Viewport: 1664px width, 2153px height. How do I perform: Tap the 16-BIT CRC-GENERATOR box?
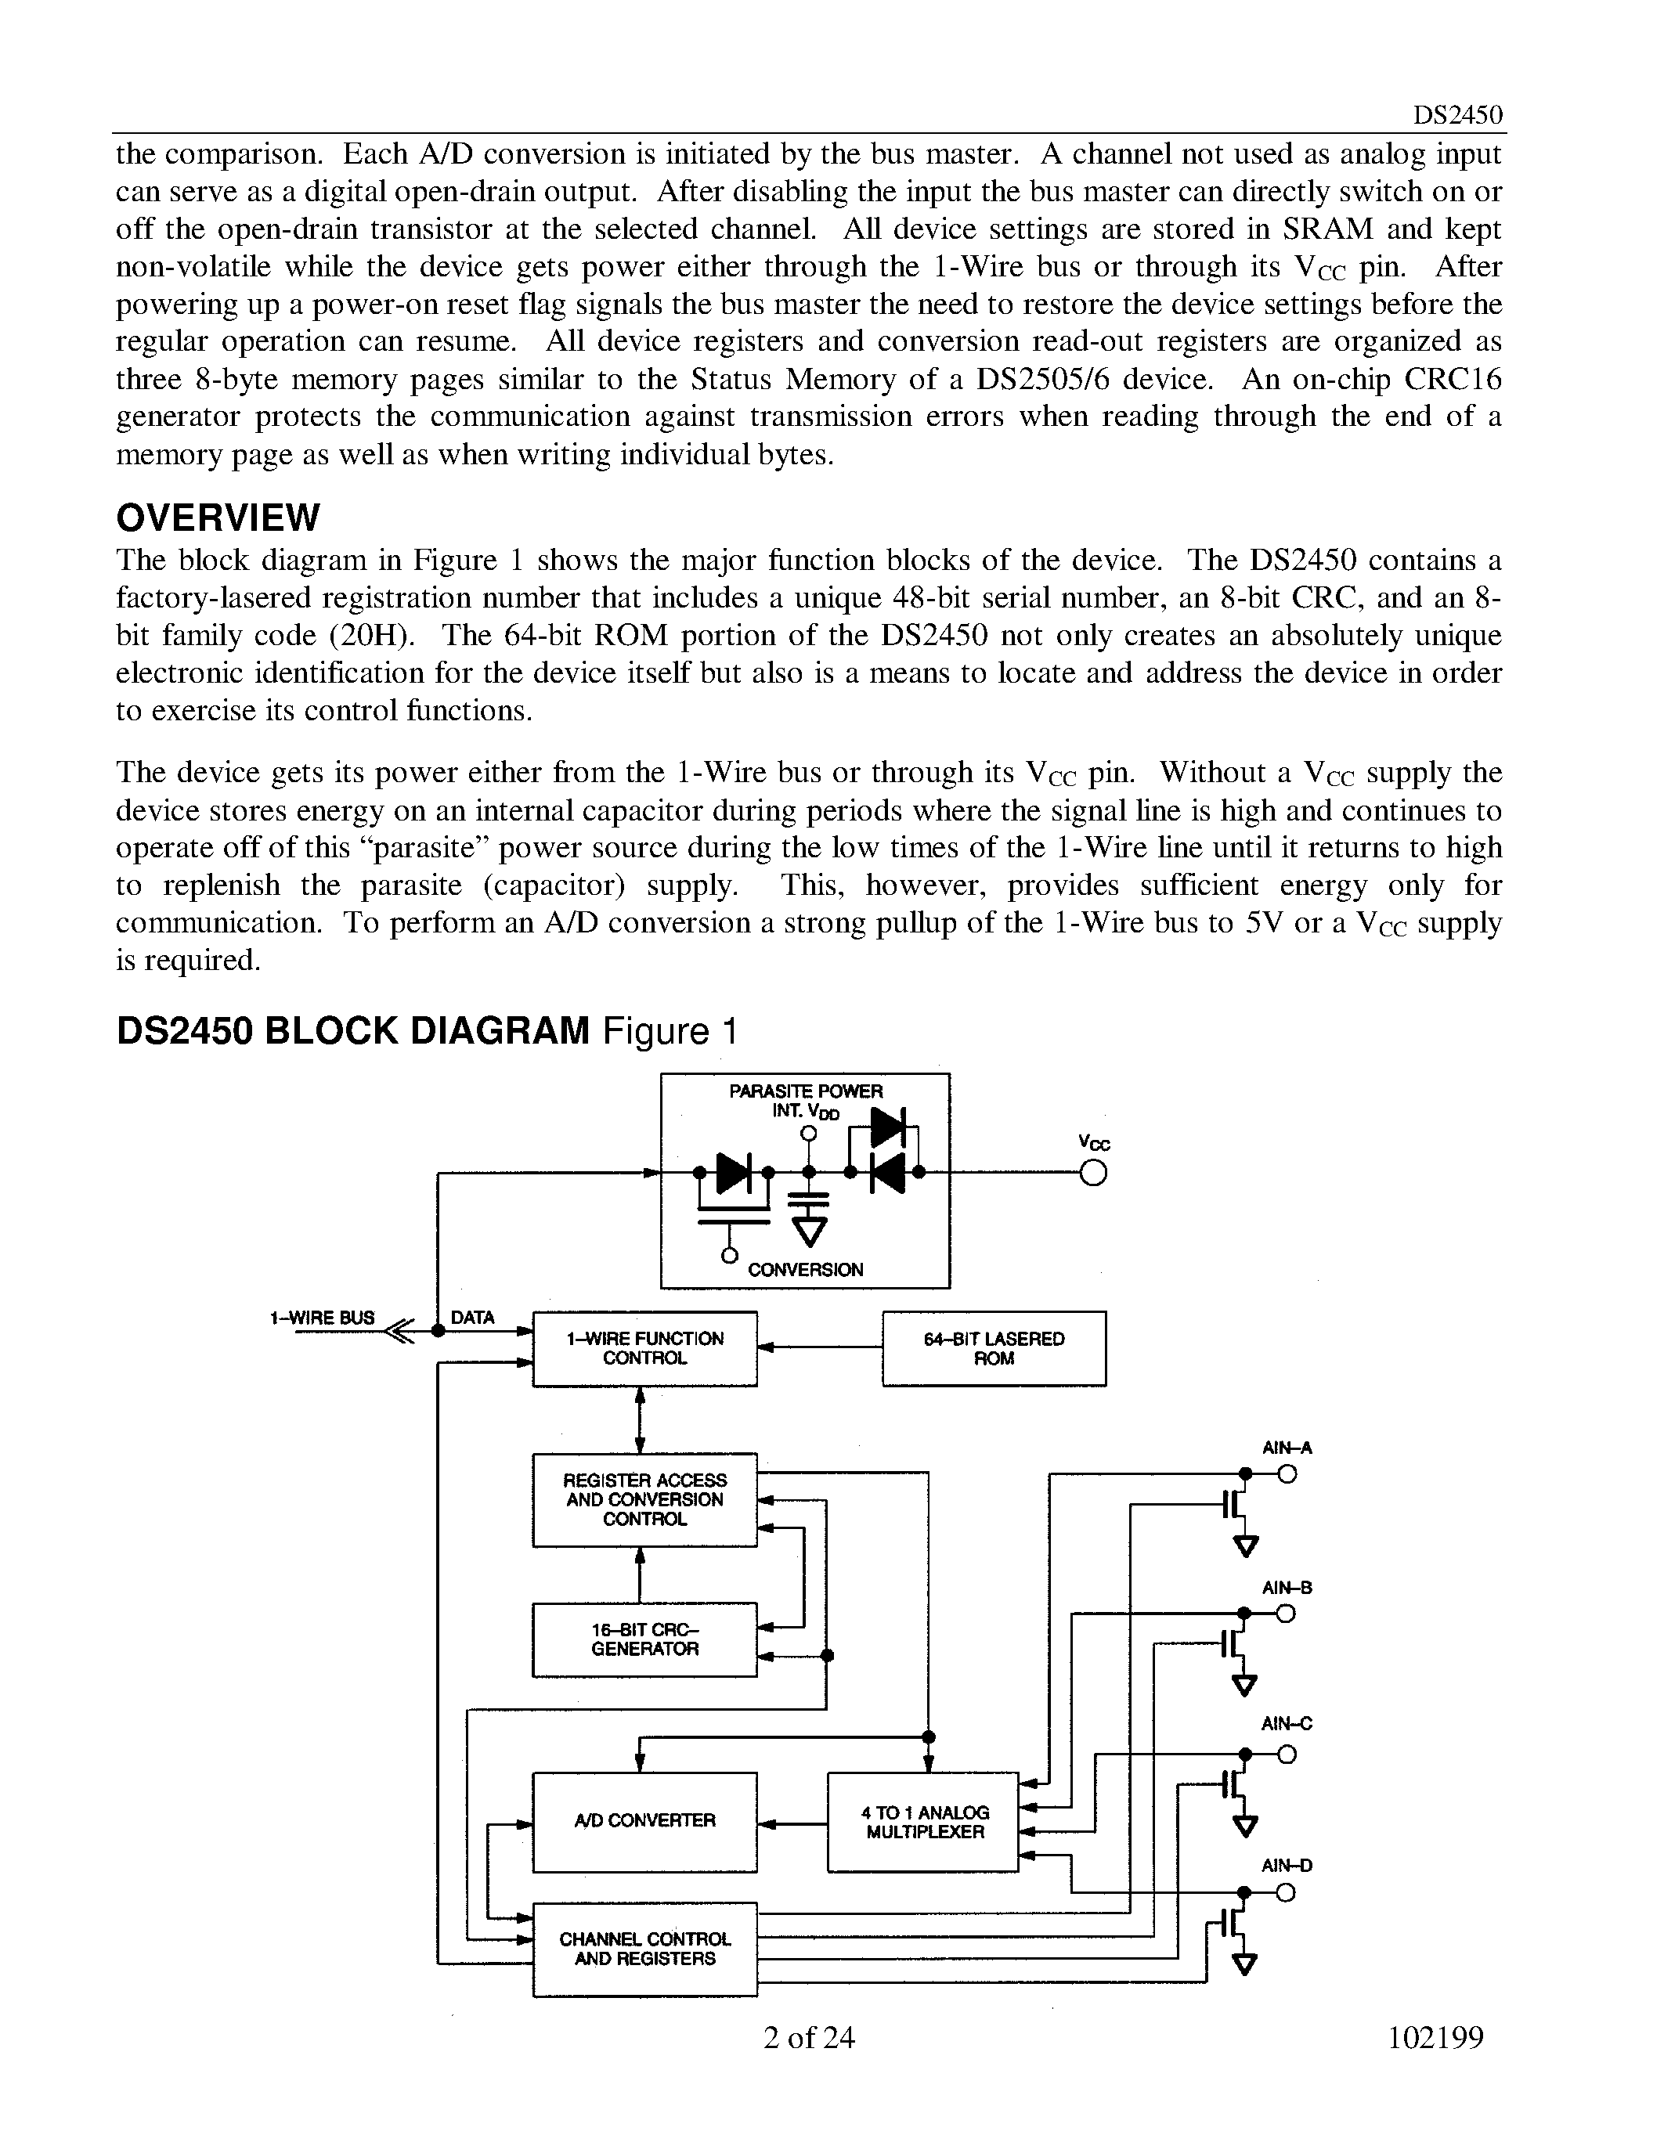click(x=644, y=1639)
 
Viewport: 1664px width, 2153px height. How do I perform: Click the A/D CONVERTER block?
click(x=644, y=1822)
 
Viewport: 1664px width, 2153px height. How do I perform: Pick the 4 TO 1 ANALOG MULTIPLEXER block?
click(x=922, y=1822)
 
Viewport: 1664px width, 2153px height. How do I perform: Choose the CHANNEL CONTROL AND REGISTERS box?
click(x=644, y=1949)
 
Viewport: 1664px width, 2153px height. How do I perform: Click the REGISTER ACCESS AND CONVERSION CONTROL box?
click(x=644, y=1499)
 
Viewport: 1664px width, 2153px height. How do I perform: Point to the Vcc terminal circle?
click(x=1093, y=1173)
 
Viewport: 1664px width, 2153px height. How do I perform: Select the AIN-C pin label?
click(x=1287, y=1723)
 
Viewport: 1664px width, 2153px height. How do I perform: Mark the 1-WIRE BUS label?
click(x=323, y=1317)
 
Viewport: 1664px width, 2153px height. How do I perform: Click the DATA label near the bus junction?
click(x=472, y=1317)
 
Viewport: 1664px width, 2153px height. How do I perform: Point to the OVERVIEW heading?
click(x=218, y=517)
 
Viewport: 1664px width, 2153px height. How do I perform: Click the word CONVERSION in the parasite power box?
click(x=806, y=1270)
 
